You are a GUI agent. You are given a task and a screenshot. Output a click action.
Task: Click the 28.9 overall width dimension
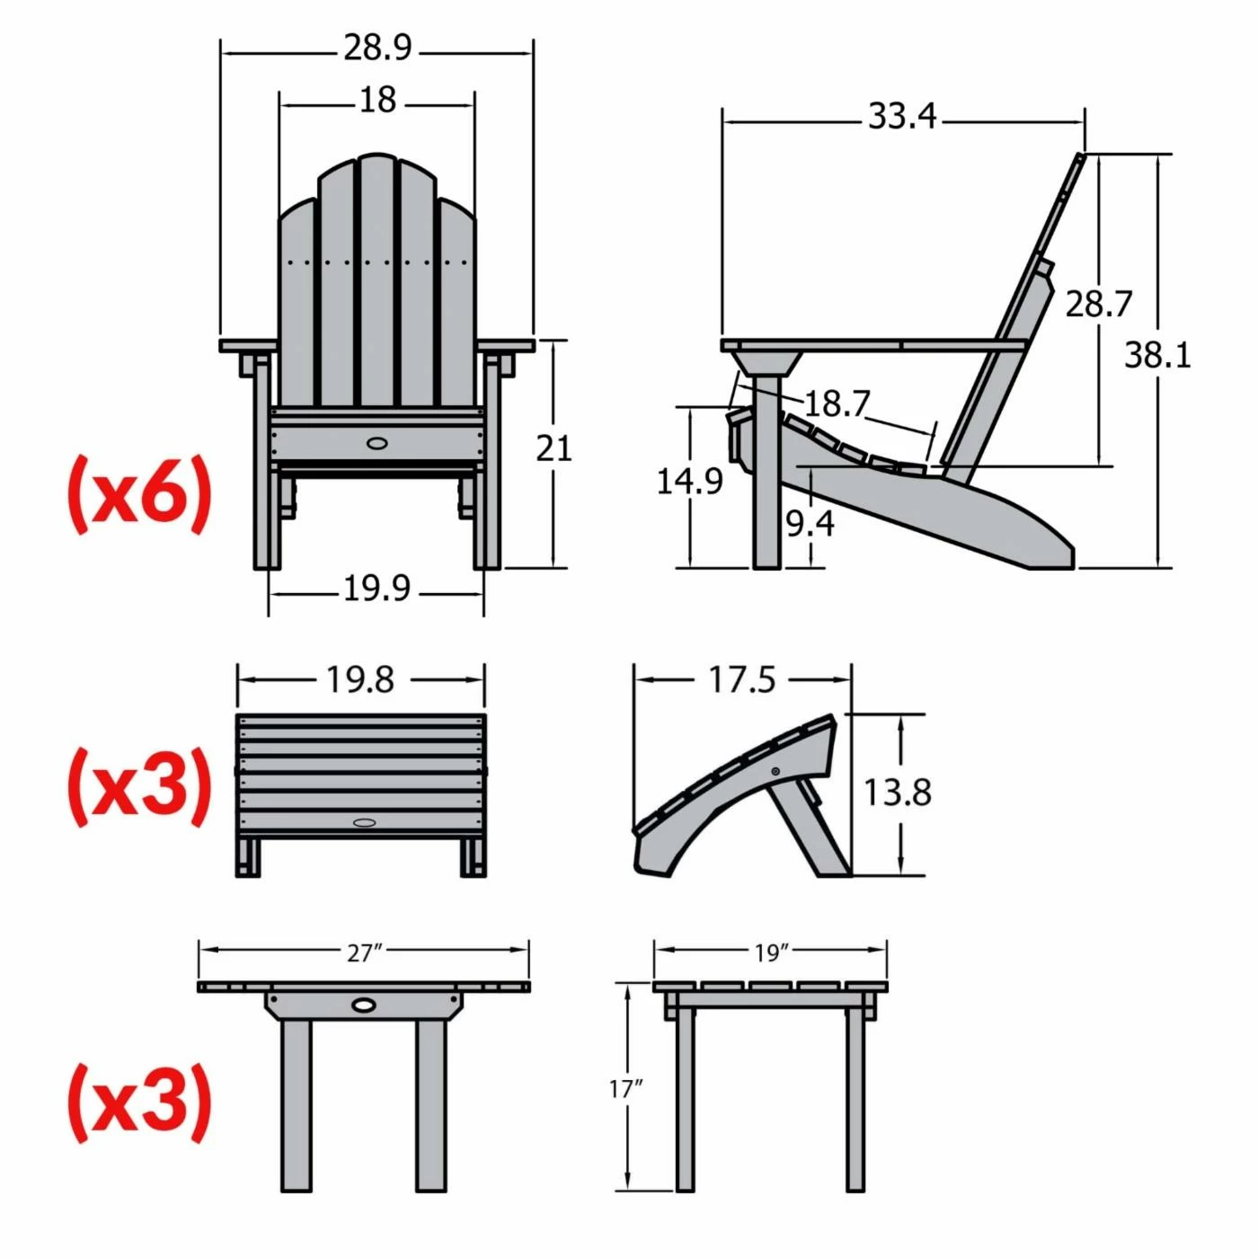(377, 48)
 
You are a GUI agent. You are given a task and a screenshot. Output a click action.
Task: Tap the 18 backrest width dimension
(377, 100)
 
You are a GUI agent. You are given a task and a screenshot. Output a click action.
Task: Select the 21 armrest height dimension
(554, 447)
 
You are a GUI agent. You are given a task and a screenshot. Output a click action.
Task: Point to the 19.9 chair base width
(377, 589)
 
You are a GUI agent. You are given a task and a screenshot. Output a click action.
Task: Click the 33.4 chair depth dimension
(901, 117)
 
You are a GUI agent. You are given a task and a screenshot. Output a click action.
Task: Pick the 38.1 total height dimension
(1157, 356)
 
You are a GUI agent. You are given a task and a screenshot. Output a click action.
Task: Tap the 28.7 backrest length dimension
(1098, 304)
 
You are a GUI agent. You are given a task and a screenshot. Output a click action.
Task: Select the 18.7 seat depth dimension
(836, 404)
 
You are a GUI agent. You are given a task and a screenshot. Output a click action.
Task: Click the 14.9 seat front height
(689, 482)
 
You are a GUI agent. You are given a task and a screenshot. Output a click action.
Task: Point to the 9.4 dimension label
(810, 523)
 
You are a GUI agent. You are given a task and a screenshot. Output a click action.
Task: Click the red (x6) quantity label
(139, 493)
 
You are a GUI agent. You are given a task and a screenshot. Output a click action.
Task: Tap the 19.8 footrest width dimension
(359, 680)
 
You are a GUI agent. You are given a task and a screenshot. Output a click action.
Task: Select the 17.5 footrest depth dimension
(741, 680)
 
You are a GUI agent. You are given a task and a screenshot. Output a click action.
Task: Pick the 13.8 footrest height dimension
(897, 793)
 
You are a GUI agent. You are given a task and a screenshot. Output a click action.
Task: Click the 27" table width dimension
(364, 952)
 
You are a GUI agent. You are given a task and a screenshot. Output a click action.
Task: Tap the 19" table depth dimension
(771, 952)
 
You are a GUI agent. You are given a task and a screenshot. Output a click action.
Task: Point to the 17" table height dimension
(626, 1089)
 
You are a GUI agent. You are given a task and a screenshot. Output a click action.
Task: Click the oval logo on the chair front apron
(377, 442)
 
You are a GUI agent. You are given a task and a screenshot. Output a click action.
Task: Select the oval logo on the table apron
(365, 1004)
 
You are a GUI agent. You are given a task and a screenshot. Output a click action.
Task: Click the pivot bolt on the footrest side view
(776, 771)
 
